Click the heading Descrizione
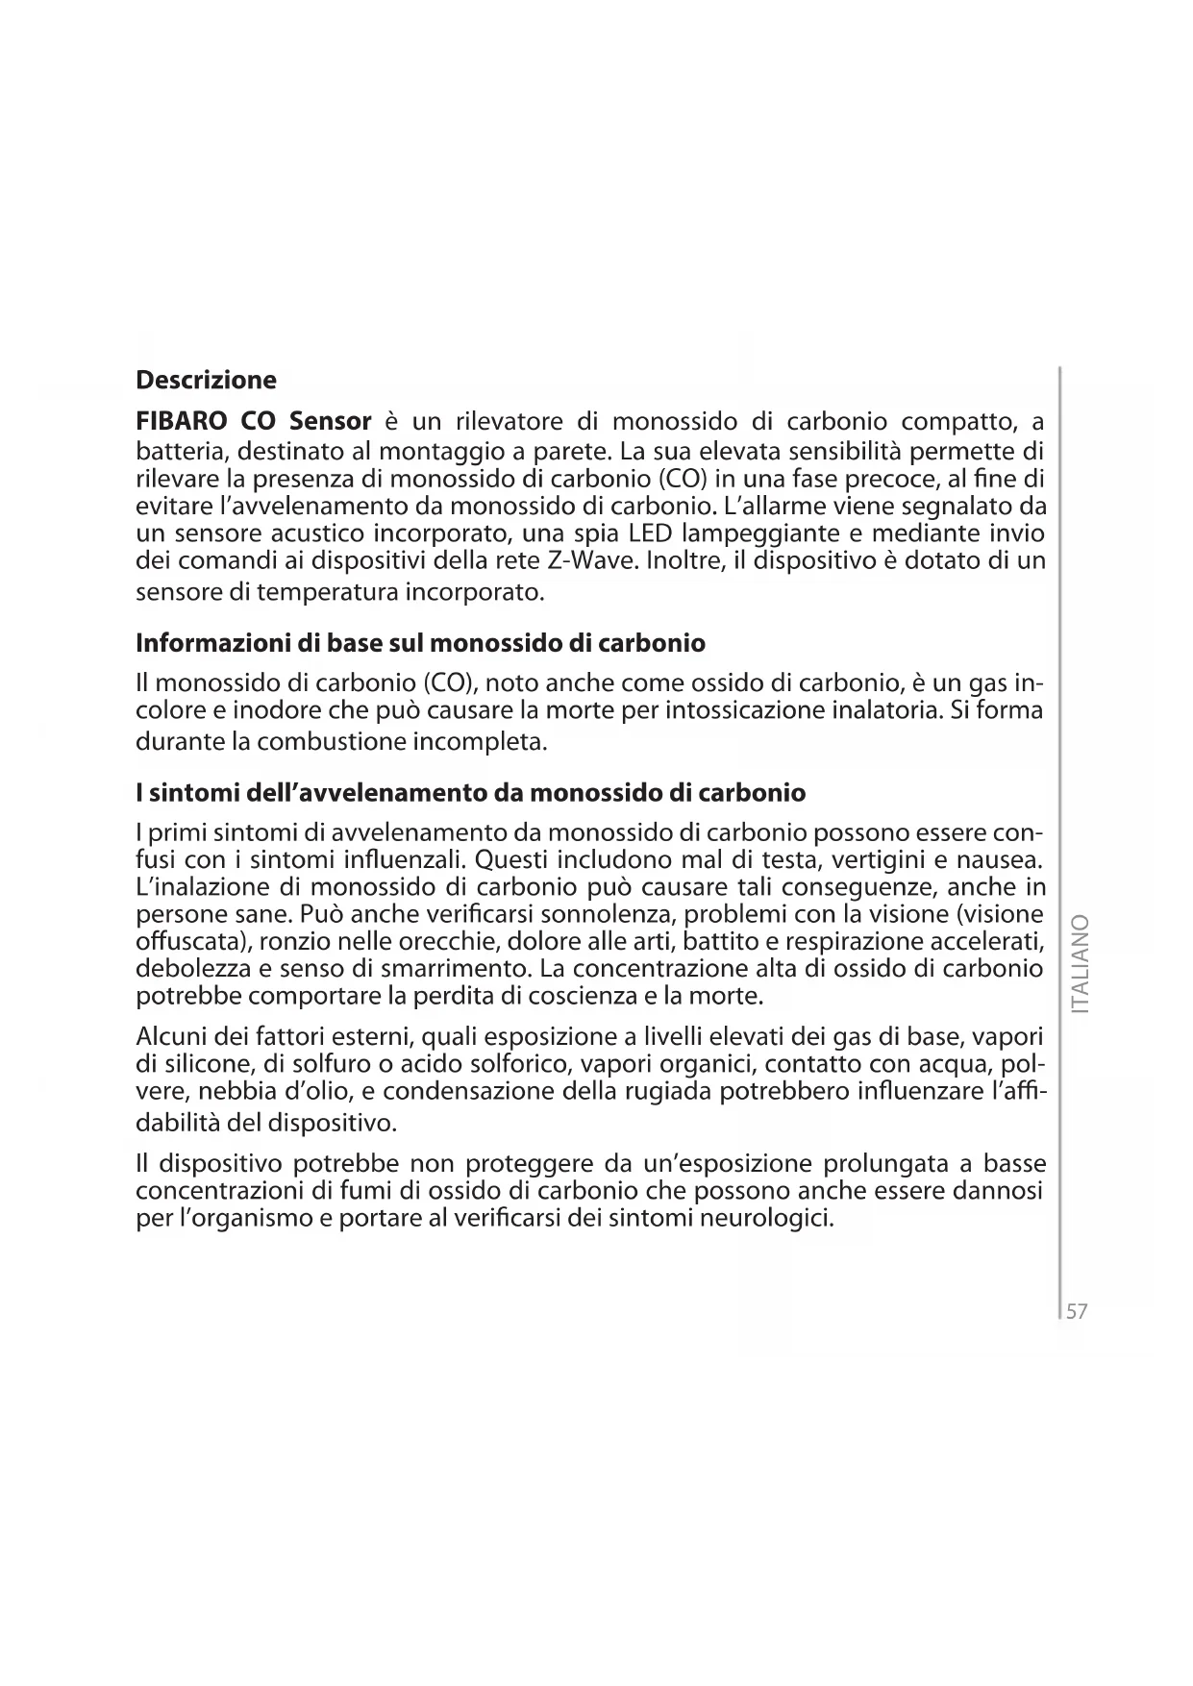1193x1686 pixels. (x=206, y=381)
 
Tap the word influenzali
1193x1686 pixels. (x=404, y=857)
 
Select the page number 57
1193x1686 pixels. (x=1077, y=1311)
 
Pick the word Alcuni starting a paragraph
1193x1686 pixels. (x=171, y=1037)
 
